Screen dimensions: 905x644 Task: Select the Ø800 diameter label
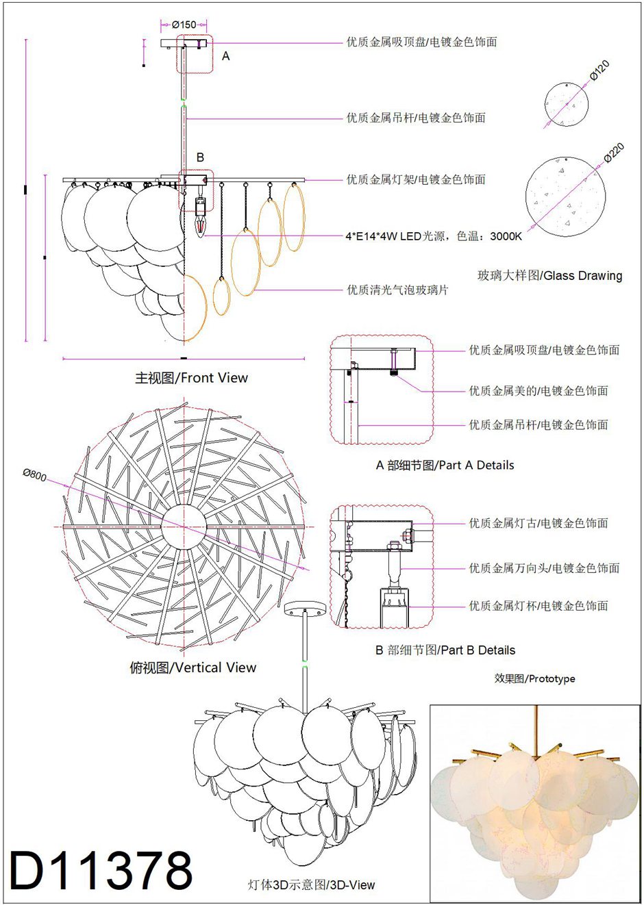[34, 474]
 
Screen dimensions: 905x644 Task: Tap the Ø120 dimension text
[599, 71]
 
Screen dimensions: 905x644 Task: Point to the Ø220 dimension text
[614, 153]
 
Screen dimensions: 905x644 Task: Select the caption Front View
[191, 378]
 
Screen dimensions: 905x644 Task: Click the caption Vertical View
[193, 667]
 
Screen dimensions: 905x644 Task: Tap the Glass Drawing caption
[549, 276]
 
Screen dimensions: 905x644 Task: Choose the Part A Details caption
[445, 466]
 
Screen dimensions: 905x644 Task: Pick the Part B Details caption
[445, 650]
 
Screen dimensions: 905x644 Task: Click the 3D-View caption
[311, 884]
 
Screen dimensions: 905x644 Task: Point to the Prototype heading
[534, 679]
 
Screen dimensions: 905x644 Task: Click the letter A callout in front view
[226, 56]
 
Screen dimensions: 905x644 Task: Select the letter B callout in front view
[200, 157]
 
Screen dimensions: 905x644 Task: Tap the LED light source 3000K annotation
[433, 237]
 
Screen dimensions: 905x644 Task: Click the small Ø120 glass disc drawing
[566, 103]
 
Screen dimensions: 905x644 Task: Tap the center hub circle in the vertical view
[184, 526]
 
